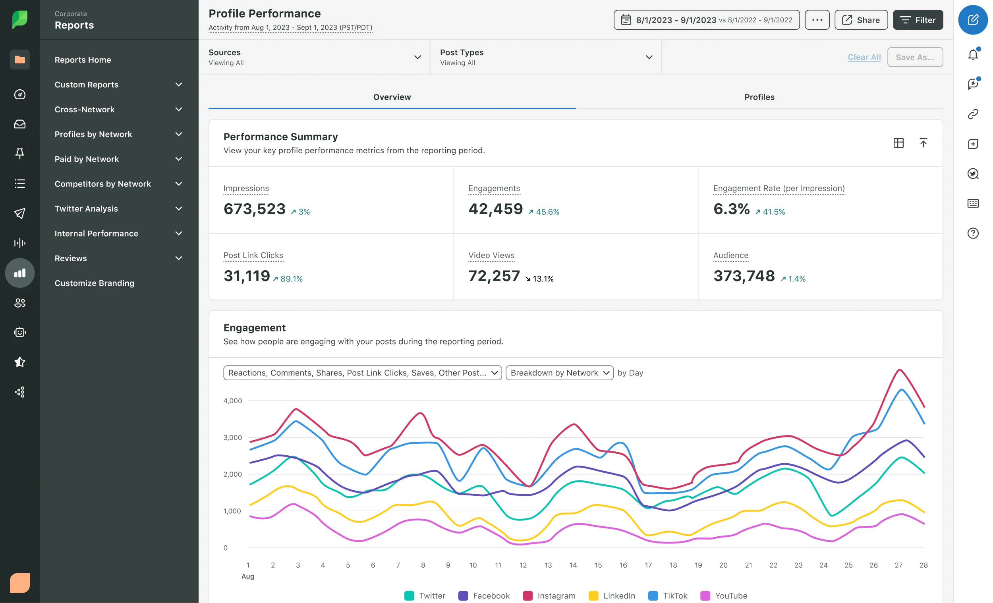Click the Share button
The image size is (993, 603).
[x=861, y=20]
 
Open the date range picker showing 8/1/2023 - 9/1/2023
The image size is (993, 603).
[x=706, y=20]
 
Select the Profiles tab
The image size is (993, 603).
[x=759, y=97]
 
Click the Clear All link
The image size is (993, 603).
[x=864, y=57]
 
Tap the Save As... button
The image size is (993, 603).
[x=914, y=57]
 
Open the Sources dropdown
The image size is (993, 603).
[x=314, y=57]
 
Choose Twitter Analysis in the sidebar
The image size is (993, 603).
[x=86, y=209]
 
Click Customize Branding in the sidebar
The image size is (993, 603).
[x=94, y=283]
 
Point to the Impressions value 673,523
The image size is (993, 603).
[x=254, y=209]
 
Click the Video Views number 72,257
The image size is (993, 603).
[x=494, y=276]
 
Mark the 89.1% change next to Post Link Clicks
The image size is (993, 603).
[x=291, y=279]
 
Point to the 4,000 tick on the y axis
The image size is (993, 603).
[x=232, y=401]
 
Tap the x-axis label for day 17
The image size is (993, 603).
[x=648, y=565]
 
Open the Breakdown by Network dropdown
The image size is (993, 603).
[x=559, y=373]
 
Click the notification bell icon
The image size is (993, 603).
[x=972, y=54]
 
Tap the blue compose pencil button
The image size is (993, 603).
[x=972, y=20]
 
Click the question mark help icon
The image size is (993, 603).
[x=972, y=233]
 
